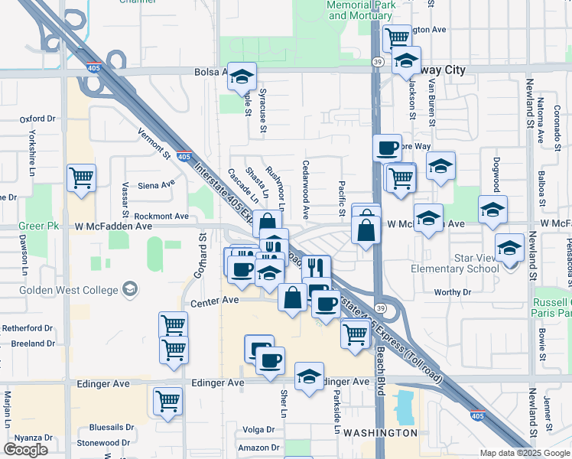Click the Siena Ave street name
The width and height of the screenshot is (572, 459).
click(x=156, y=184)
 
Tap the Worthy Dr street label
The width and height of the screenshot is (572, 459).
click(x=456, y=292)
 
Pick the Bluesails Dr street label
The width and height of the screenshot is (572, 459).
click(x=111, y=428)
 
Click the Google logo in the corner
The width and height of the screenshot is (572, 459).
click(x=25, y=449)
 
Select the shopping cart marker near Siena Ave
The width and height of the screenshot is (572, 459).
click(x=81, y=178)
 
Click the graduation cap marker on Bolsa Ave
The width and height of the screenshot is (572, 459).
click(x=242, y=76)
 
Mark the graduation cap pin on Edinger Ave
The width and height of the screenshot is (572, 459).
click(x=309, y=376)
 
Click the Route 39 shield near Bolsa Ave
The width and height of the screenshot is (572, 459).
click(x=378, y=61)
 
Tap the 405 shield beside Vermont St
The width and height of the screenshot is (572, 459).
click(x=184, y=156)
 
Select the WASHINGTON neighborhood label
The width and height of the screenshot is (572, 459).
click(x=380, y=433)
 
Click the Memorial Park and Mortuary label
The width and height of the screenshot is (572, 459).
click(x=359, y=10)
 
